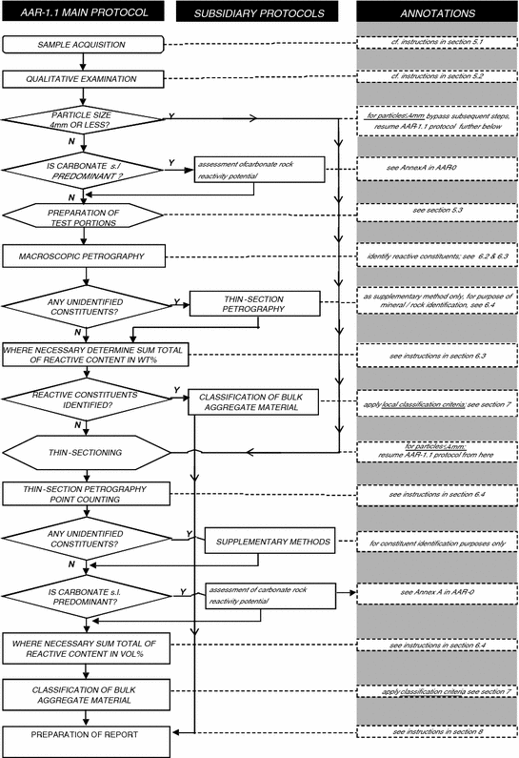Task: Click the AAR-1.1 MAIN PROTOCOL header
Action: (86, 12)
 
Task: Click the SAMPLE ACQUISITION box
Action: (86, 45)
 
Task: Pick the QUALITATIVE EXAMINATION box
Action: (86, 78)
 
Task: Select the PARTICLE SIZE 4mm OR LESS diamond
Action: (86, 121)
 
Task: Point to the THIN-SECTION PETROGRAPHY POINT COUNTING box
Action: (86, 493)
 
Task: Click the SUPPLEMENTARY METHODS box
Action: (268, 543)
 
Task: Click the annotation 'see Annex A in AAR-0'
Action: (437, 594)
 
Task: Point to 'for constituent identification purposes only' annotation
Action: (437, 543)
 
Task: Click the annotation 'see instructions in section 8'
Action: (437, 729)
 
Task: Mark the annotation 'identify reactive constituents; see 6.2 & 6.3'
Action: (437, 256)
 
